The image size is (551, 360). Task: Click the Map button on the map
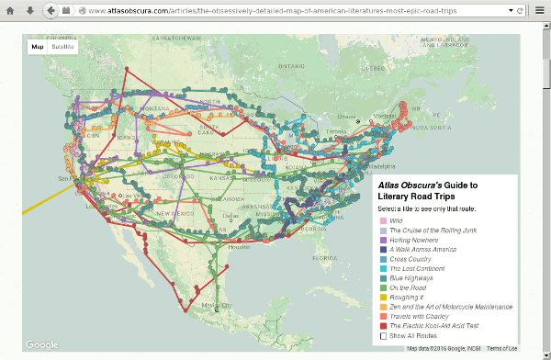[x=38, y=45]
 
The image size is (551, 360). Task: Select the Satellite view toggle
[x=63, y=45]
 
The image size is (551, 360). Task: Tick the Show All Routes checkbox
[x=385, y=336]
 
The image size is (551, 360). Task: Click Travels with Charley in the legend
[x=422, y=316]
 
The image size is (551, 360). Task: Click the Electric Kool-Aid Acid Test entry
[x=435, y=326]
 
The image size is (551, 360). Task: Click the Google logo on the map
[x=42, y=344]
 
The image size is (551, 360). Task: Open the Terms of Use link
[x=501, y=349]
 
